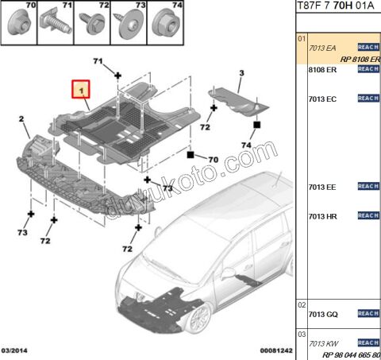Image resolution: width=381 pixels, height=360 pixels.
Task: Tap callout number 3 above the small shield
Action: tap(241, 73)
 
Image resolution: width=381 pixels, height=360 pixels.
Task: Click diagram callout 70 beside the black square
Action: tap(212, 160)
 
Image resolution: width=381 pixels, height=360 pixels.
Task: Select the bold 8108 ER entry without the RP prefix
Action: tap(322, 70)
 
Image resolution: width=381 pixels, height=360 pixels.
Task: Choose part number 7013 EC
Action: tap(322, 99)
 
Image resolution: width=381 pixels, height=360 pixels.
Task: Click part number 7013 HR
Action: tap(322, 216)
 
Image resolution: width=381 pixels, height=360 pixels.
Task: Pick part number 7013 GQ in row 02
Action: tap(322, 315)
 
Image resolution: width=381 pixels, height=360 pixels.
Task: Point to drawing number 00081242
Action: tap(276, 350)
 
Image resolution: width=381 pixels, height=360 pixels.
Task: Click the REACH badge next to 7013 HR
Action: tap(368, 216)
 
